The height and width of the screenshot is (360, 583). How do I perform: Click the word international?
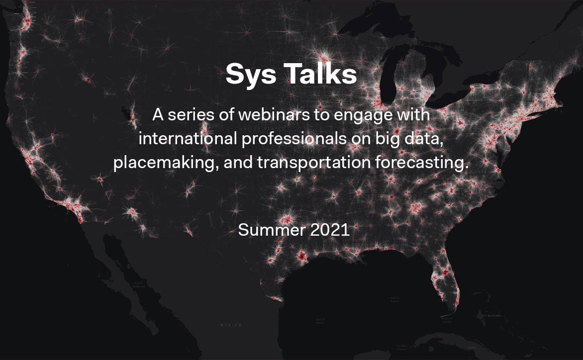pos(188,139)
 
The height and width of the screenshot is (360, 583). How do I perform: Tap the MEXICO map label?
pos(231,325)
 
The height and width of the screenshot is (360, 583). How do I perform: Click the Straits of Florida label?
pos(446,319)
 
